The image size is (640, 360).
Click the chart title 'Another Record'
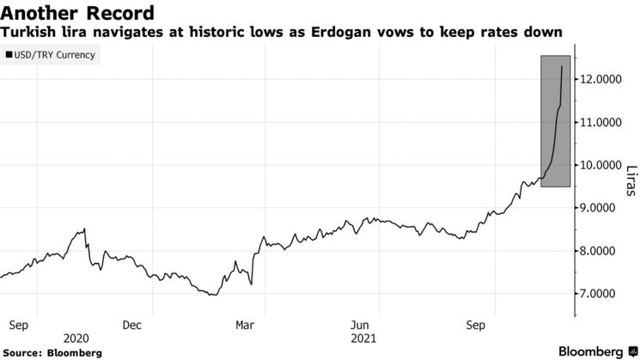(x=78, y=13)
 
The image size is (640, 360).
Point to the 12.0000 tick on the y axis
(x=600, y=79)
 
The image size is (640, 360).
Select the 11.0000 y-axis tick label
(x=600, y=122)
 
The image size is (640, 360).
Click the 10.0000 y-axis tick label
(x=600, y=165)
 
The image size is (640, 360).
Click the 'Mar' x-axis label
(x=245, y=326)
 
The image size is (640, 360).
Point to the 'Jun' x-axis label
(x=362, y=326)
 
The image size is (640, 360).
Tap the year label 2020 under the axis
(x=76, y=339)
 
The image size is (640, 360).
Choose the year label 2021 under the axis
(x=363, y=339)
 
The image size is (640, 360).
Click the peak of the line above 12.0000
(x=562, y=66)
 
